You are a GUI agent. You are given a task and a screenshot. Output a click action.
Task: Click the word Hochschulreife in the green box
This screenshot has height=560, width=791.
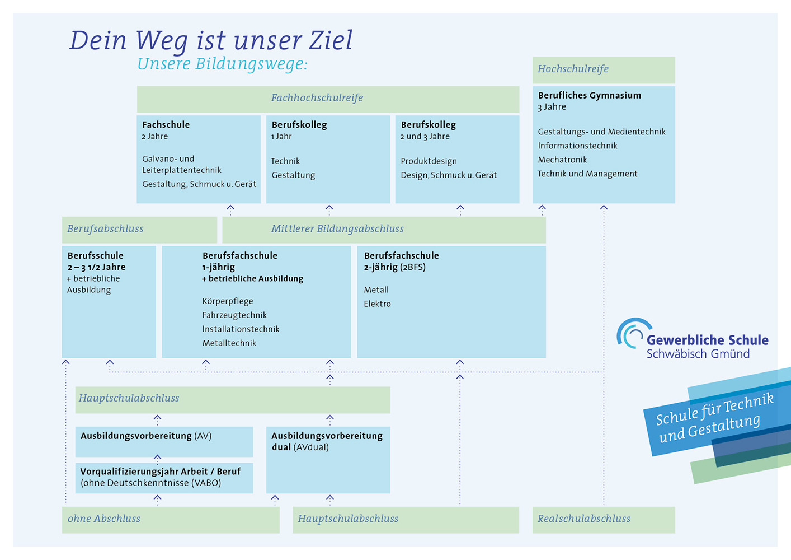573,69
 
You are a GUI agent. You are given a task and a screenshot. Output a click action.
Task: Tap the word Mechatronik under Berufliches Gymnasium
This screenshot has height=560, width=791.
562,160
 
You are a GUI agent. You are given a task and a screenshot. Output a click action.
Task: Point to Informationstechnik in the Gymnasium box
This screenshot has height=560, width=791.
577,146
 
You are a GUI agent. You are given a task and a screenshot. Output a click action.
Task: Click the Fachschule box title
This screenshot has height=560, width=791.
166,125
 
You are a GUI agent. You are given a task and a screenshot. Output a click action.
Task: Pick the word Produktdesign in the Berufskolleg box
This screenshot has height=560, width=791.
429,161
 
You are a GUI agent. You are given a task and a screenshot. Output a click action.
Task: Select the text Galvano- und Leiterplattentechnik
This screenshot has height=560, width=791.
182,165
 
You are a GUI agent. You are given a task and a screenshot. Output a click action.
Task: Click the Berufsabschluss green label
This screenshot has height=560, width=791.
105,229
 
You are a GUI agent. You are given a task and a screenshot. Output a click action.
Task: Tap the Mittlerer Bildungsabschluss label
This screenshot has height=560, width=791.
337,229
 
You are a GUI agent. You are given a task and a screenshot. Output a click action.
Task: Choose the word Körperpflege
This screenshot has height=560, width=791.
228,301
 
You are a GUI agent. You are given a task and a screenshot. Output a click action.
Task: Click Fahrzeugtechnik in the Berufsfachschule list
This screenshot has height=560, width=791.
234,315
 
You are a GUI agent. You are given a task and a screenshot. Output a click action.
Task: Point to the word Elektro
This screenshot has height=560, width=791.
377,304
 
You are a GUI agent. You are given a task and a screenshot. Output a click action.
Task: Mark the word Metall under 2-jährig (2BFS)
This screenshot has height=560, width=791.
376,290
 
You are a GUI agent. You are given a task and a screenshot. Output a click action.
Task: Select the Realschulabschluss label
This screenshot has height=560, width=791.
583,519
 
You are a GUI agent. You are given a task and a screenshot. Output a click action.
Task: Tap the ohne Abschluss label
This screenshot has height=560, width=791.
104,519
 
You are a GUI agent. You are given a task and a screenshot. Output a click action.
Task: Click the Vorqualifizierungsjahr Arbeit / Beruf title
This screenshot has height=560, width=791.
160,472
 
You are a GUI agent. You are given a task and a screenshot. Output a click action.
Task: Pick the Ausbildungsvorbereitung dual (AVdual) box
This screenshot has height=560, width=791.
328,459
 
